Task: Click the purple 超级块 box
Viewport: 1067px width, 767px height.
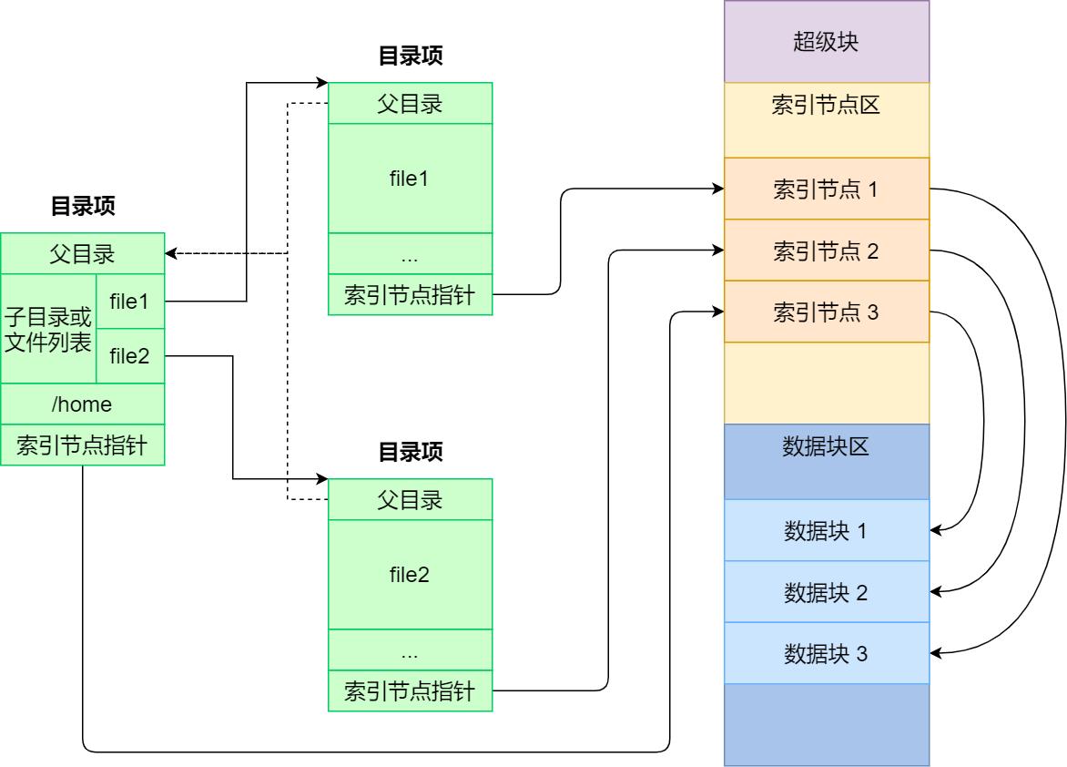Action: tap(827, 42)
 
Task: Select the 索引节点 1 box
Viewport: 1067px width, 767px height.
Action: tap(827, 189)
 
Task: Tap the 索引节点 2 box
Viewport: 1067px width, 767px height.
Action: tap(827, 251)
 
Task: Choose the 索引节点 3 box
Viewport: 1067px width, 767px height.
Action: tap(827, 312)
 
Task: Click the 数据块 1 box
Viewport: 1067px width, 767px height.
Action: tap(827, 530)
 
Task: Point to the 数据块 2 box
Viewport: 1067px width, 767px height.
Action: tap(827, 592)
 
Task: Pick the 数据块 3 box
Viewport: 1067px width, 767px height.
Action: tap(827, 653)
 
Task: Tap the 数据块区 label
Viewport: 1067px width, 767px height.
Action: tap(827, 446)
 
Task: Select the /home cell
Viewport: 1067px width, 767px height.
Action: tap(83, 404)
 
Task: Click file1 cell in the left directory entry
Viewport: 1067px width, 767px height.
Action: tap(129, 301)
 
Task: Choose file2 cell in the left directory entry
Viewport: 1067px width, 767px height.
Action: tap(129, 355)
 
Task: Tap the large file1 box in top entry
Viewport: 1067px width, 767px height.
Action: tap(410, 178)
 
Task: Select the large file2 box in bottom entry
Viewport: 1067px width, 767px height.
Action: tap(410, 574)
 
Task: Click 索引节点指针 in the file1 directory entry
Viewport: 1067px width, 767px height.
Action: tap(410, 294)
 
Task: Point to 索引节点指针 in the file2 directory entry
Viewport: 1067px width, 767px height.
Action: tap(410, 690)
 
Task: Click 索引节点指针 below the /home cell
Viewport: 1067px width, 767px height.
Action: tap(83, 445)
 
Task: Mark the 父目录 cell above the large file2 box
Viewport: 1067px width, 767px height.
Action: tap(410, 499)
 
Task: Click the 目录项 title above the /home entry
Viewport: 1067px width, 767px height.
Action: tap(83, 207)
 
